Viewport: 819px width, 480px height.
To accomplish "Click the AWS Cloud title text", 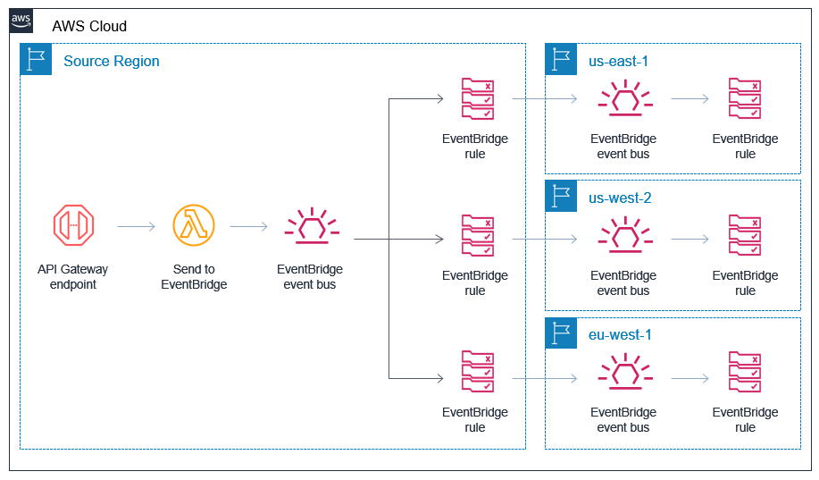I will click(89, 27).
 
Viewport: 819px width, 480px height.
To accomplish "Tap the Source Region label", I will click(112, 62).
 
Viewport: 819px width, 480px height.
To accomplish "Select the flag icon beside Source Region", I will click(36, 60).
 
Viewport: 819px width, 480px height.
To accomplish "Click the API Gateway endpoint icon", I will click(73, 226).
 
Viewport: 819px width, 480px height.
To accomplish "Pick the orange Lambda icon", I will click(194, 226).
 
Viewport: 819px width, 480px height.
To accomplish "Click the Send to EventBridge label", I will click(194, 277).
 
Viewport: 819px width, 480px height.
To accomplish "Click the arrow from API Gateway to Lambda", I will click(136, 227).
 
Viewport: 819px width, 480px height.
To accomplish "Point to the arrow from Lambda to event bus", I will click(248, 227).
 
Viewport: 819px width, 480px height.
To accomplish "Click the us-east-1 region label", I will click(618, 62).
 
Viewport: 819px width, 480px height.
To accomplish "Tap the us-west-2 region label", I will click(620, 198).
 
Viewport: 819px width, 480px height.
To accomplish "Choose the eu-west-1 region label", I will click(620, 334).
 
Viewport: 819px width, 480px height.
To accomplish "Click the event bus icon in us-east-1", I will click(623, 98).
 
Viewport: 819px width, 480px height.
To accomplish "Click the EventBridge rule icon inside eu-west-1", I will click(745, 372).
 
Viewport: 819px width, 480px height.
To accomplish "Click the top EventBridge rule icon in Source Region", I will click(476, 98).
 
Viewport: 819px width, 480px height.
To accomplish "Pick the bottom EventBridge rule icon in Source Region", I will click(476, 372).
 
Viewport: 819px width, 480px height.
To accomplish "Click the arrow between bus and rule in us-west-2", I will click(689, 240).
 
